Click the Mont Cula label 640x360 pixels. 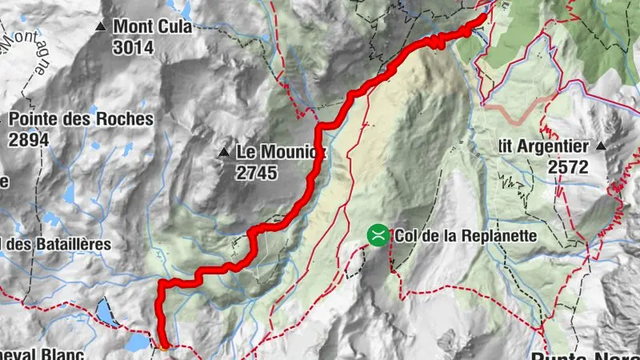point(152,26)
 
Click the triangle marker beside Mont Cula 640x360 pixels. point(101,27)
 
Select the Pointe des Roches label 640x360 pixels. point(81,119)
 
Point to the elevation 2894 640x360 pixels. point(29,138)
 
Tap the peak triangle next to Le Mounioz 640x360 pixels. point(224,151)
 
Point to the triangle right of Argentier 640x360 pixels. point(602,147)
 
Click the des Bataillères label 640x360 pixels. point(60,243)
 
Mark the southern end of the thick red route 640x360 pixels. point(164,346)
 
